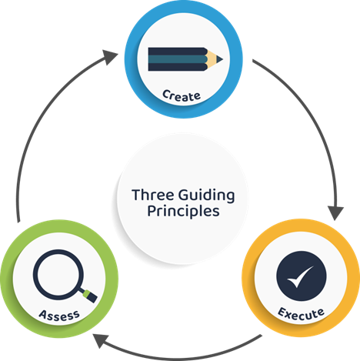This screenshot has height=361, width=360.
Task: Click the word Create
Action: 182,96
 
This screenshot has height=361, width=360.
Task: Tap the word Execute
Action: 301,314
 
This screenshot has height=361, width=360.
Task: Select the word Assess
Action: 59,316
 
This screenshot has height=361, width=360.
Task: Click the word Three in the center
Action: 153,195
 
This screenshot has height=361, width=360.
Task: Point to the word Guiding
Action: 206,196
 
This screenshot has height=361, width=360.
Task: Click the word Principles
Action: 183,212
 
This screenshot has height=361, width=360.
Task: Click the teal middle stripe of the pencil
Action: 178,59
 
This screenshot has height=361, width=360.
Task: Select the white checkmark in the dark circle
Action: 300,276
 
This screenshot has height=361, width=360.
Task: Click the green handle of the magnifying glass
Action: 90,296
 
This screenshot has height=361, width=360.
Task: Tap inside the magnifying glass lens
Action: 58,275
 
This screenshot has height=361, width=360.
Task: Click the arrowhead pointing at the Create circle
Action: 110,57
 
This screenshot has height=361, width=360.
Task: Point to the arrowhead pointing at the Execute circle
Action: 335,212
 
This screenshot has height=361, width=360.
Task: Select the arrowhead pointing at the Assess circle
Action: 101,340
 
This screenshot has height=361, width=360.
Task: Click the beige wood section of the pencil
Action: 212,59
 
